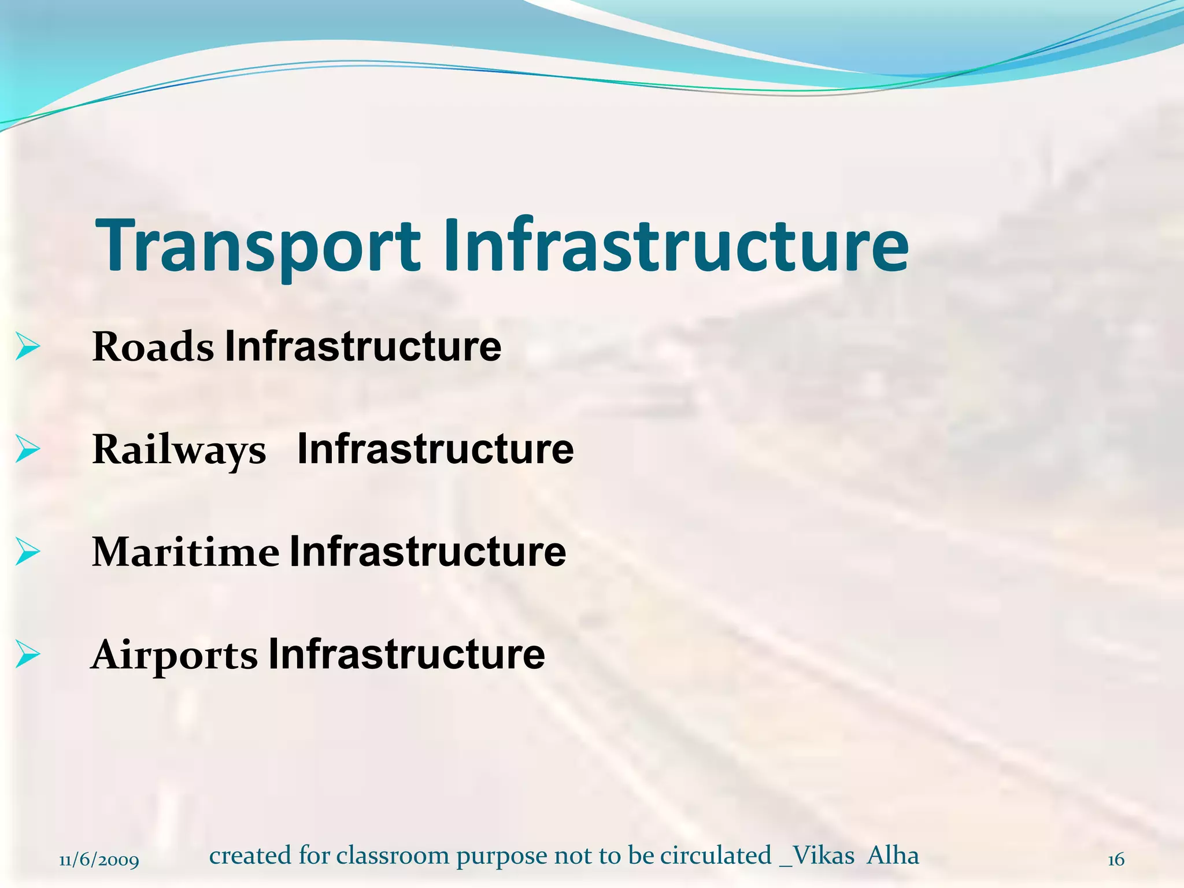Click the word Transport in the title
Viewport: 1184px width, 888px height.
[258, 245]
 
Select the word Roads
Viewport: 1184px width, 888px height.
[153, 347]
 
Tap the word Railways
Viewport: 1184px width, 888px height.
[179, 450]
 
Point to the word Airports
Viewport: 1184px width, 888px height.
[174, 654]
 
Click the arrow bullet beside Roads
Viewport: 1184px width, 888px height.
[27, 346]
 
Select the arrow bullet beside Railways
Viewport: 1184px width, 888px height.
[27, 449]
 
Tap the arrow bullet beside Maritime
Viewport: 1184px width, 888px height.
[27, 552]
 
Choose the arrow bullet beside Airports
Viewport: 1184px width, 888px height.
[27, 654]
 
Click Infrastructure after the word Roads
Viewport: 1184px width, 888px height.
[363, 346]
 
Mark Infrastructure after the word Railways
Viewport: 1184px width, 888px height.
[435, 449]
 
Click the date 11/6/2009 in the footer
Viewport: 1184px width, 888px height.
[99, 860]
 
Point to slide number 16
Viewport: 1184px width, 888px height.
[1116, 860]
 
